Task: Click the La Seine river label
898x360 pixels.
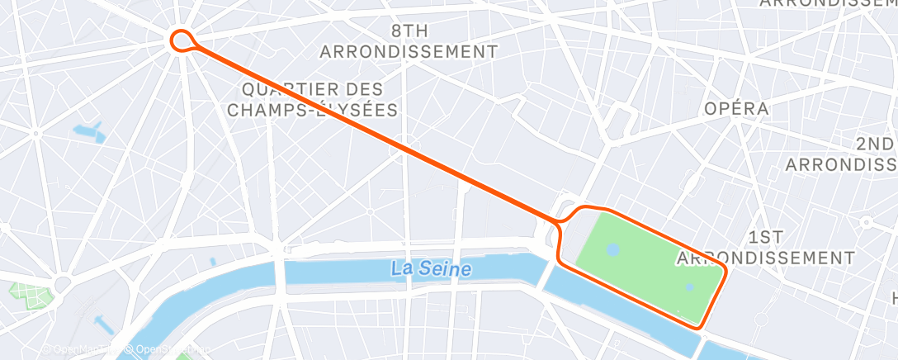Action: tap(432, 268)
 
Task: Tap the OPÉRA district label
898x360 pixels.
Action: tap(736, 108)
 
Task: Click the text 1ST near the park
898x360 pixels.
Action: tap(767, 237)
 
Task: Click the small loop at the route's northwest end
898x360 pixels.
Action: tap(182, 38)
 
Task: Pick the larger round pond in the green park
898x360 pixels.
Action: tap(612, 249)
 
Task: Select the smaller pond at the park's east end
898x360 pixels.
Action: tap(690, 287)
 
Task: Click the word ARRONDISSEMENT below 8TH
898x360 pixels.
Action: tap(409, 51)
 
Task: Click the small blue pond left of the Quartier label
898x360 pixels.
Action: tap(88, 131)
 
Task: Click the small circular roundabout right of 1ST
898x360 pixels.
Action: tap(867, 222)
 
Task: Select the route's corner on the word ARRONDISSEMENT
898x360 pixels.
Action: tap(724, 270)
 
